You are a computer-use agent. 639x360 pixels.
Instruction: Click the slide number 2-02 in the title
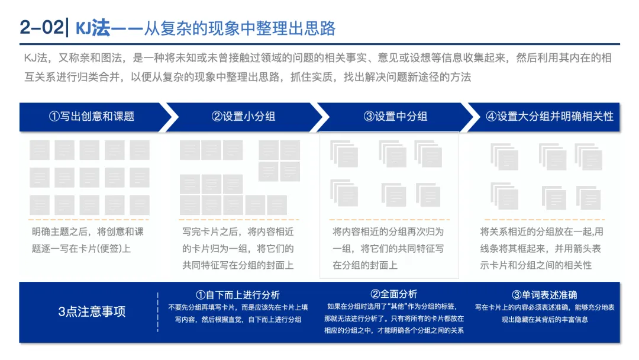pyautogui.click(x=40, y=28)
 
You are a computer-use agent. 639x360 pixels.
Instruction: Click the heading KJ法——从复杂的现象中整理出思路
pyautogui.click(x=206, y=28)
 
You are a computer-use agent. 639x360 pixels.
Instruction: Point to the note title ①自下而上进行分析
pyautogui.click(x=238, y=295)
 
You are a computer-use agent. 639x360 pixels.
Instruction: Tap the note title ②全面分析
pyautogui.click(x=394, y=294)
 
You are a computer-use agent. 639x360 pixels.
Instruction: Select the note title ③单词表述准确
pyautogui.click(x=544, y=295)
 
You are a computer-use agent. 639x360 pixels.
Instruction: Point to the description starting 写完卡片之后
pyautogui.click(x=238, y=248)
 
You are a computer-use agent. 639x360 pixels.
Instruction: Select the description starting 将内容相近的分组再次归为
pyautogui.click(x=388, y=248)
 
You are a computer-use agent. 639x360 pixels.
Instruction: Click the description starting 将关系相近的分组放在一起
pyautogui.click(x=541, y=248)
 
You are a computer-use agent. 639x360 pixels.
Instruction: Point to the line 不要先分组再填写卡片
pyautogui.click(x=238, y=308)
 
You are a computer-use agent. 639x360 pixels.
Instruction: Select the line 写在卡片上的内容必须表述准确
pyautogui.click(x=544, y=308)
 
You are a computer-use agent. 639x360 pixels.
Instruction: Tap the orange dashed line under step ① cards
pyautogui.click(x=89, y=220)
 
